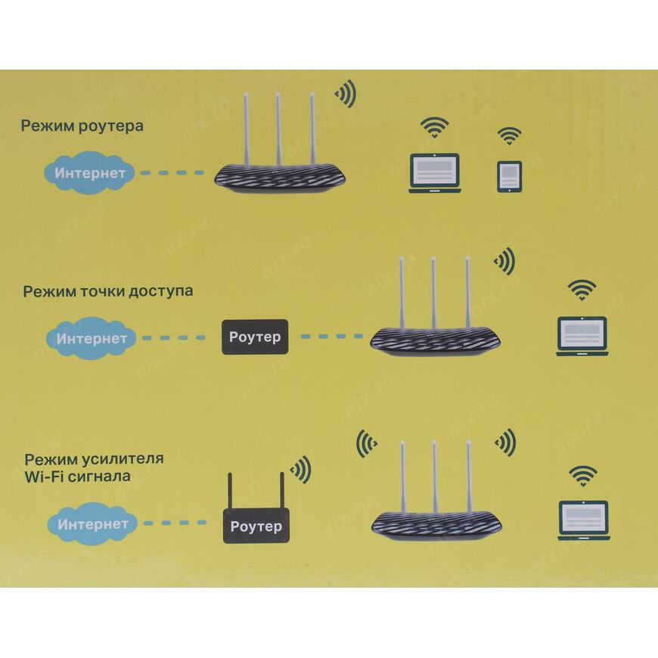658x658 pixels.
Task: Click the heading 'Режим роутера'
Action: (x=82, y=126)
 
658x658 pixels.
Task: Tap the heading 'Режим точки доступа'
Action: (x=107, y=290)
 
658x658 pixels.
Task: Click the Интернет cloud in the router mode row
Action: (x=91, y=173)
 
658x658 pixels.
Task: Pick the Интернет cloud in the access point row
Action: (x=92, y=338)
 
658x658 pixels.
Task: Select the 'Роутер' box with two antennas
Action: (x=256, y=526)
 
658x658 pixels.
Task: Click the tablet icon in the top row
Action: (x=508, y=175)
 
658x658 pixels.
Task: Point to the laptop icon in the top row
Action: (x=434, y=173)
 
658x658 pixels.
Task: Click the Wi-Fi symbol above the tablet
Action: (x=509, y=136)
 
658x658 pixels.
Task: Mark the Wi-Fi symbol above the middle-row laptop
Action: (x=582, y=289)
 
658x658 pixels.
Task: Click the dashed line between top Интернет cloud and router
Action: (x=172, y=173)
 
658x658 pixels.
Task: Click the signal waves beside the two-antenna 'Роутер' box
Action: (x=302, y=469)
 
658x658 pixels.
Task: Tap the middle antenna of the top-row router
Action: (x=278, y=129)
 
